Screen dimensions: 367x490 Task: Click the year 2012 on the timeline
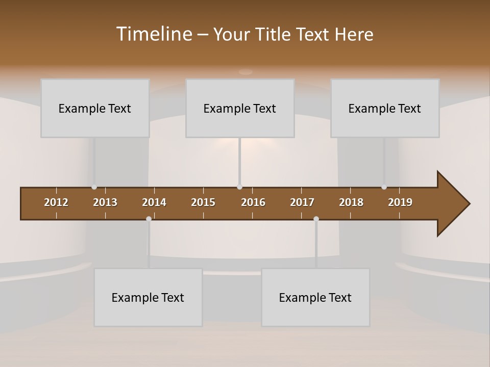[56, 202]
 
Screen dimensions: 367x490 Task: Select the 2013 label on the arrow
[105, 202]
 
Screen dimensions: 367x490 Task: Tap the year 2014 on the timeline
[154, 202]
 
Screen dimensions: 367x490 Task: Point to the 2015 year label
[203, 202]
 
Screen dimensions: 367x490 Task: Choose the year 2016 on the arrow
[253, 202]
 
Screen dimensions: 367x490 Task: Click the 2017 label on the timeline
[302, 202]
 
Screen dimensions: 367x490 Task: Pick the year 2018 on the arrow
[351, 202]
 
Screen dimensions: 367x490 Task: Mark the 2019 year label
[400, 202]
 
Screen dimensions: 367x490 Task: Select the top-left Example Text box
[95, 108]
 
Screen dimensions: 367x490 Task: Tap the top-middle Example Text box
[240, 108]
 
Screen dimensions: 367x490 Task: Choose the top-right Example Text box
[385, 108]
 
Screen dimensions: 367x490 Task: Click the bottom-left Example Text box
[148, 297]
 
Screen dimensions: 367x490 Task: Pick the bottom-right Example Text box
[315, 297]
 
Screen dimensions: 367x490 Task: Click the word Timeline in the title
[154, 34]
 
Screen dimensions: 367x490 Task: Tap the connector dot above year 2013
[94, 187]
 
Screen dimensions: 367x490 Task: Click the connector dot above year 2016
[239, 187]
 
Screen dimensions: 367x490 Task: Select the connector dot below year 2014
[149, 219]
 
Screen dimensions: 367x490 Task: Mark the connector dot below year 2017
[316, 219]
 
